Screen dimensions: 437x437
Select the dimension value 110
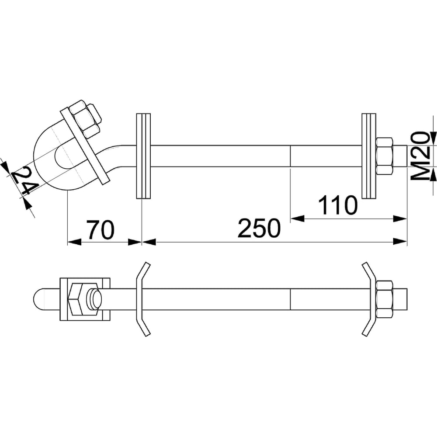[337, 206]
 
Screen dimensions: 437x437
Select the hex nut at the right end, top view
[385, 156]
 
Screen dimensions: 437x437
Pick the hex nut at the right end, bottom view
[385, 299]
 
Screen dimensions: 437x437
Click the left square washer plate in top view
[143, 156]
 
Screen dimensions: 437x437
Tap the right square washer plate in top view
[369, 156]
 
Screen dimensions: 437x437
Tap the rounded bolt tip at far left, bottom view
[39, 299]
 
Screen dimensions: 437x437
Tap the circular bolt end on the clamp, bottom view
[94, 299]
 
